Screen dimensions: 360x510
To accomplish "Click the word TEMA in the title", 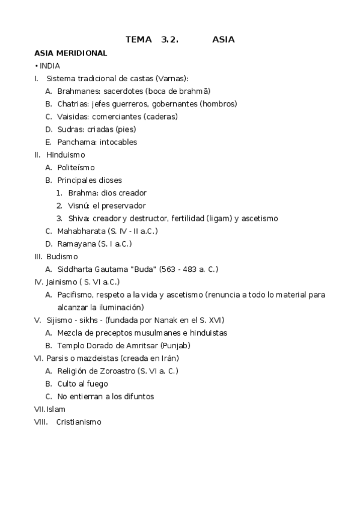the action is [139, 40].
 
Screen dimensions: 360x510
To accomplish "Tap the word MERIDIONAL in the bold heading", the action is [82, 53].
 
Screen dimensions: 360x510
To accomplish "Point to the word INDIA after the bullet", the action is [50, 66].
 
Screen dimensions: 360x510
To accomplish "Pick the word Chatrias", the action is [73, 103].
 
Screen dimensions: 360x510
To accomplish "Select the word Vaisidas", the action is [73, 117].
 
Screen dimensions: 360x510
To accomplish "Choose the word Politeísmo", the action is [76, 168].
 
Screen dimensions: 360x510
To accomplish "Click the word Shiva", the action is [79, 218].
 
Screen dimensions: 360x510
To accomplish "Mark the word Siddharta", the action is [76, 269].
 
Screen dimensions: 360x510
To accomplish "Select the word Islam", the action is [56, 409].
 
